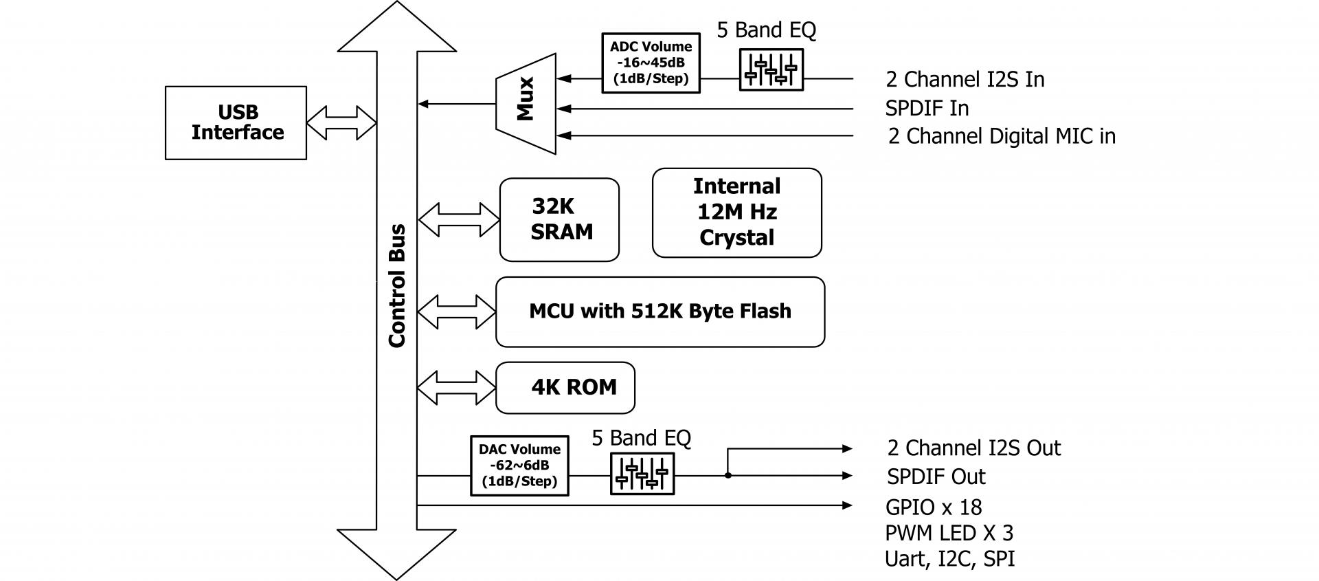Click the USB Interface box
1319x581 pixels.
pos(236,123)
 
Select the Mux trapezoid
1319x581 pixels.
pos(526,103)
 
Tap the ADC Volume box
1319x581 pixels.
pos(651,63)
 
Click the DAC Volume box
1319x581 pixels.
pos(519,465)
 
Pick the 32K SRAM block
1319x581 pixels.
pos(559,220)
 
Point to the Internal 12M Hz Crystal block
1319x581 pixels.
pos(736,212)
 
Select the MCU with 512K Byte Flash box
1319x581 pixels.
pos(659,311)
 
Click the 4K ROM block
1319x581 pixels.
pos(565,388)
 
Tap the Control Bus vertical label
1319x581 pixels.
pos(397,285)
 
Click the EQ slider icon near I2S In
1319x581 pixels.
pos(771,69)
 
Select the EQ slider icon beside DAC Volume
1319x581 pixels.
pos(642,473)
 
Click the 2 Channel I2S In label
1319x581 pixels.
pos(965,80)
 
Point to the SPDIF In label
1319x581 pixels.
pos(927,109)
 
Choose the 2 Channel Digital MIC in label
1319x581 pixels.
pos(1002,136)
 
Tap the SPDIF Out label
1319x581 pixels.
pos(936,476)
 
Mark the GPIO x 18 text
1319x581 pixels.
pos(934,507)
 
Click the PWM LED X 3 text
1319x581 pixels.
pos(949,533)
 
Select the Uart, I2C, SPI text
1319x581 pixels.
pos(949,558)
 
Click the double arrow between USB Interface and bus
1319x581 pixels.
pos(341,123)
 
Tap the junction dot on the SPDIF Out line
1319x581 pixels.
pos(728,475)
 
